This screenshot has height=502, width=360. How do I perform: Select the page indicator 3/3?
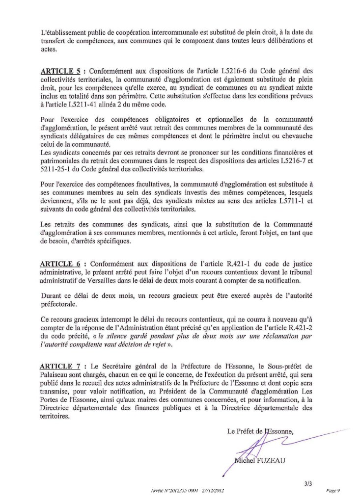click(307, 484)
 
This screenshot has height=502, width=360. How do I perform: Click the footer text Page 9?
click(333, 491)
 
